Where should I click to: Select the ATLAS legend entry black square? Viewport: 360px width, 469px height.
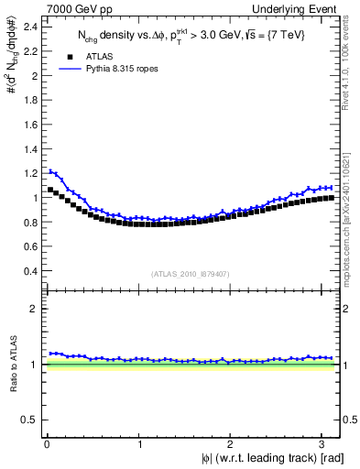click(x=64, y=55)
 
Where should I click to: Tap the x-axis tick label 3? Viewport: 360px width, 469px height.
click(x=322, y=445)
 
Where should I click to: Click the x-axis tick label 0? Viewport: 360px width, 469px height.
click(x=46, y=445)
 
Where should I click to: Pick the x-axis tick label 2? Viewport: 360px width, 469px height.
click(x=230, y=445)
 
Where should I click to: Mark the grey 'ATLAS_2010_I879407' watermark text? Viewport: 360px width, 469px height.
click(x=191, y=274)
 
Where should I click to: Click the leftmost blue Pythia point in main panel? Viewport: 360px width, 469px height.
click(x=50, y=170)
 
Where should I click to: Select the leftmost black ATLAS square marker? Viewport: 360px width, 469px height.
click(x=50, y=190)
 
